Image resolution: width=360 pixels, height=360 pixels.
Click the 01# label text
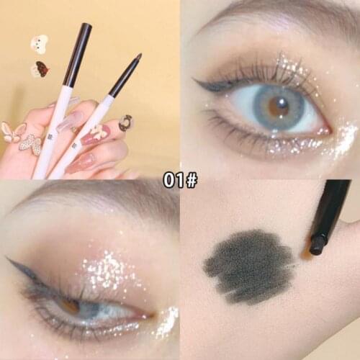coord(179,180)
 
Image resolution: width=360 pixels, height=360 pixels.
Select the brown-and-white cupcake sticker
coord(40,69)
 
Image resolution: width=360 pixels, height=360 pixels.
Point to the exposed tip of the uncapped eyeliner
coord(137,57)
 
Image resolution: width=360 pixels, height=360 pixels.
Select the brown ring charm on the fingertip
coord(125,124)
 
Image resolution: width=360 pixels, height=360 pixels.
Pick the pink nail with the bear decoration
coord(97,134)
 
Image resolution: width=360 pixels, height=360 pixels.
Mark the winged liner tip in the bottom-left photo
coord(9,259)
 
